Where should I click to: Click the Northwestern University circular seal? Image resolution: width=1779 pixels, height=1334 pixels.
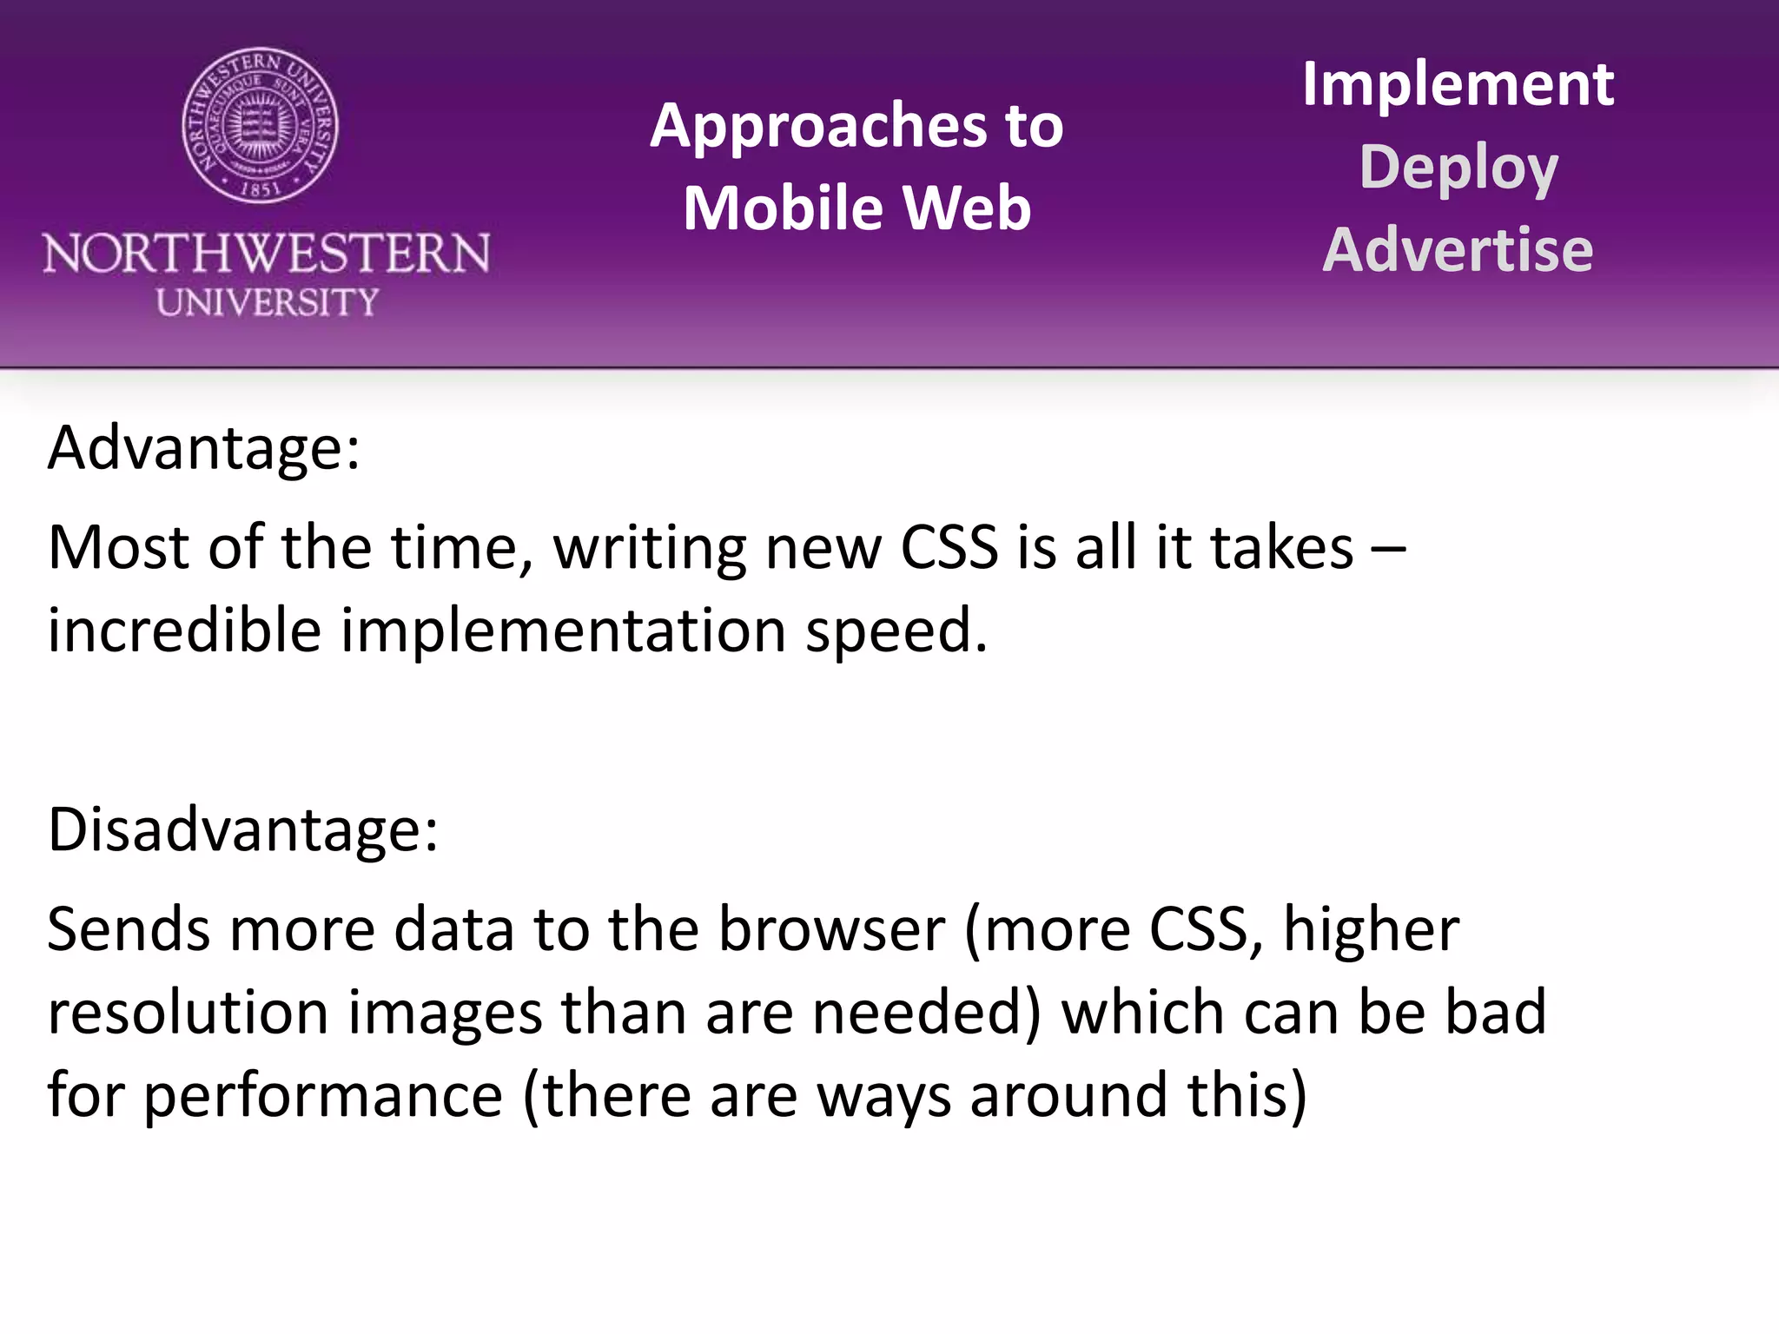tap(261, 126)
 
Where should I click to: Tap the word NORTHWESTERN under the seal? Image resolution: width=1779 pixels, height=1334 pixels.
tap(267, 254)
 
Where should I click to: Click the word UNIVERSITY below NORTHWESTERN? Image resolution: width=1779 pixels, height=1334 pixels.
tap(268, 302)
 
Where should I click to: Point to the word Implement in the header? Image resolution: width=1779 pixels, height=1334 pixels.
tap(1458, 84)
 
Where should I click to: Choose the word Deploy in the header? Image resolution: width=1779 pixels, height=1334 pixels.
tap(1458, 167)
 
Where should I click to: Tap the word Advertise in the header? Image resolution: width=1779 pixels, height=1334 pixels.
tap(1458, 250)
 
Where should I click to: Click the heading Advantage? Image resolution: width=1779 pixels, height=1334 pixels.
tap(204, 449)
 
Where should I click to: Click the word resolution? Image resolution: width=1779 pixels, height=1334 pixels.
tap(188, 1013)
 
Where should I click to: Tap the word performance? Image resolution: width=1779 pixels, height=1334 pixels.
tap(323, 1096)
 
